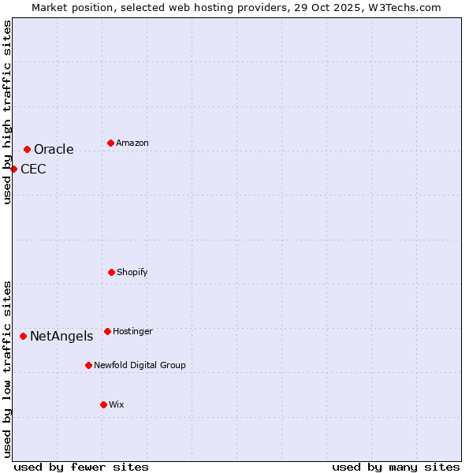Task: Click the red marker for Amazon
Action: (x=110, y=143)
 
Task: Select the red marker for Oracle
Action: (x=27, y=149)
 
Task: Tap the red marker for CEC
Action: (x=13, y=169)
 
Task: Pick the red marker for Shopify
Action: (x=111, y=272)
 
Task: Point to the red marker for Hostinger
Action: (x=107, y=331)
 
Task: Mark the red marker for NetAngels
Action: (x=23, y=336)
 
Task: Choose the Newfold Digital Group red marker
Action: (x=88, y=365)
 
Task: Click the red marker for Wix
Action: (x=103, y=404)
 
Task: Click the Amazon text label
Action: (x=132, y=143)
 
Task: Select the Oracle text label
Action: (x=54, y=150)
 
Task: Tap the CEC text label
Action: (x=33, y=169)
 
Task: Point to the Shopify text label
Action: (x=132, y=272)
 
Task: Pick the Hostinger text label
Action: (x=132, y=331)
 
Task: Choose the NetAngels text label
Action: (x=61, y=337)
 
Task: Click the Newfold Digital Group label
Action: (x=140, y=365)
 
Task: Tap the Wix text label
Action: (x=117, y=404)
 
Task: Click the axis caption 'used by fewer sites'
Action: (x=81, y=467)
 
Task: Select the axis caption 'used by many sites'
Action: (x=396, y=467)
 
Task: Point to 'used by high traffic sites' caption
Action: (x=7, y=112)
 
